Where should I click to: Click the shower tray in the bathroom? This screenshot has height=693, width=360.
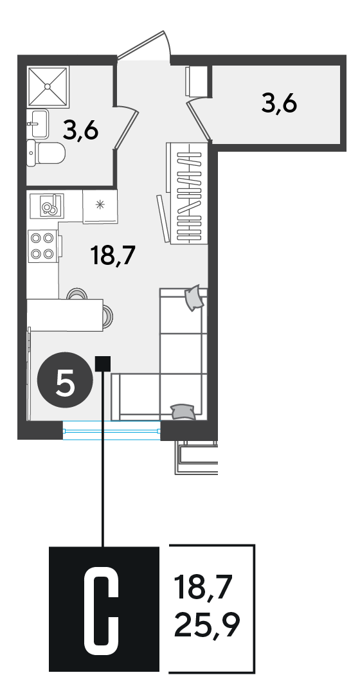(x=48, y=87)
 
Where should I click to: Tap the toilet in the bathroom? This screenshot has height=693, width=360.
(x=46, y=154)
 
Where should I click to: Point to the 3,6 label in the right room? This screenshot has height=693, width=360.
(x=279, y=104)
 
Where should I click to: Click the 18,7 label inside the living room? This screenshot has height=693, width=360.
(x=112, y=255)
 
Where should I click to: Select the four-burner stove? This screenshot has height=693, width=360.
(x=43, y=246)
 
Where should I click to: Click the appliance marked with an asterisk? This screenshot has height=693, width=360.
(x=101, y=206)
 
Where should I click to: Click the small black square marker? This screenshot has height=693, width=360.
(x=103, y=363)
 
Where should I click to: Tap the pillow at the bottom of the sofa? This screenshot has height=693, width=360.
(x=183, y=411)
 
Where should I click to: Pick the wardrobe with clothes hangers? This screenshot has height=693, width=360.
(x=187, y=192)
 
